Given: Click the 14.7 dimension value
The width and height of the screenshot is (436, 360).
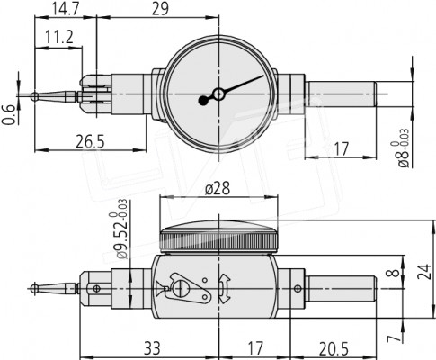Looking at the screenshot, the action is (x=65, y=8).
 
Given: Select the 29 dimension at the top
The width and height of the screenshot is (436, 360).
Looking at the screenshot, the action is (x=160, y=8).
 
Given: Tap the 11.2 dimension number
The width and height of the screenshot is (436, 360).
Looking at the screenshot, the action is (x=59, y=37).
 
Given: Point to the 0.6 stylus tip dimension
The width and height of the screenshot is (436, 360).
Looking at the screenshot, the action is (x=9, y=114).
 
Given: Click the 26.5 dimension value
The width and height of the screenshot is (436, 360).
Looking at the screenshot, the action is (x=90, y=141).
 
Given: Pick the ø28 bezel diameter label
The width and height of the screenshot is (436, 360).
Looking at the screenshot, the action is (x=218, y=189).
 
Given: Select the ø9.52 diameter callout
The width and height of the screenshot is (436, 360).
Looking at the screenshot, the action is (x=120, y=229).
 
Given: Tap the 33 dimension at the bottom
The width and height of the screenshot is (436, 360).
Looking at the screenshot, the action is (x=152, y=348).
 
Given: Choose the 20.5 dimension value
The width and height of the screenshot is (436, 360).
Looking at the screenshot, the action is (x=334, y=349).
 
